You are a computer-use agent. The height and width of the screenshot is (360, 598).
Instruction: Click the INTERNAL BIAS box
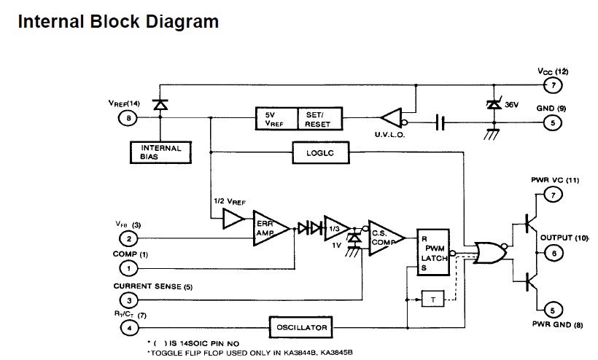coord(160,152)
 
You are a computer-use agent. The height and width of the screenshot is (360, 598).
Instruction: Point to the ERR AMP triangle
coord(268,228)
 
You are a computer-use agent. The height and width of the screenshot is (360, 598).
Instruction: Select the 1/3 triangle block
coord(335,228)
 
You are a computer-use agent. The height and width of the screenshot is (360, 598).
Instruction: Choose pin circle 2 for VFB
coord(128,239)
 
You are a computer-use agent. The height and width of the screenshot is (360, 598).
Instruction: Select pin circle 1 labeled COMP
coord(128,268)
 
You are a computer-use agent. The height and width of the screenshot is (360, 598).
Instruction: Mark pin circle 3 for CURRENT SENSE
coord(128,300)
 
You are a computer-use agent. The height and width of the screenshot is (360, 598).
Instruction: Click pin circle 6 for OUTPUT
coord(553,252)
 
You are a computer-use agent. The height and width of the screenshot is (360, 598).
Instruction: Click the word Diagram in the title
coord(177,21)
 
